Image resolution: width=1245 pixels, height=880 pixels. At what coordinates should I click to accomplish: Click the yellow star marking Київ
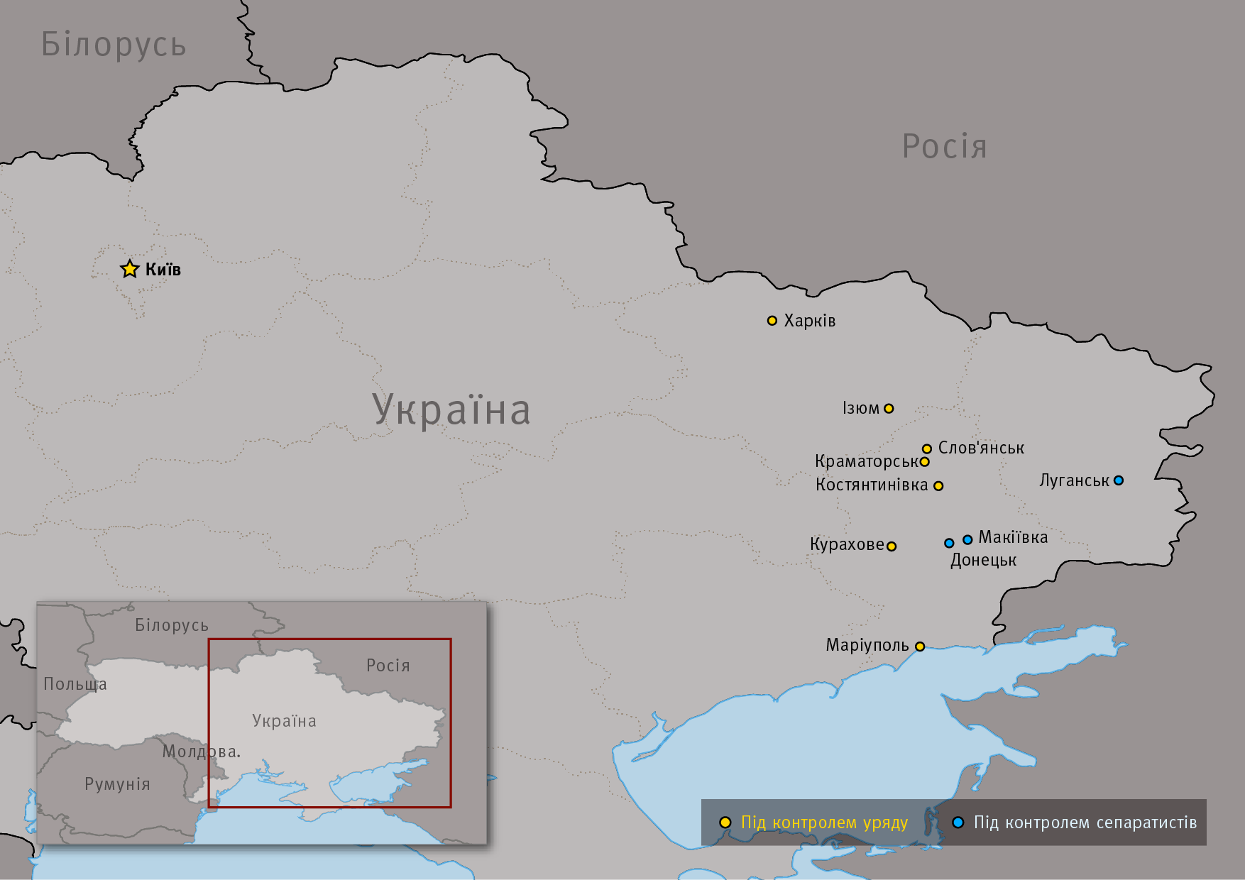(x=129, y=269)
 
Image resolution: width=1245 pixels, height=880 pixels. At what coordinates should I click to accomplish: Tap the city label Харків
(x=809, y=321)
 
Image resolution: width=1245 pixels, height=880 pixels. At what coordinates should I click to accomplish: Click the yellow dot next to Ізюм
(x=889, y=409)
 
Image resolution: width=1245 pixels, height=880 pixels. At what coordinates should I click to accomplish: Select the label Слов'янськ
(x=981, y=448)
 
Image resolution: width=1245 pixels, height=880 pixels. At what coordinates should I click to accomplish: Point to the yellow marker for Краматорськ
(x=925, y=462)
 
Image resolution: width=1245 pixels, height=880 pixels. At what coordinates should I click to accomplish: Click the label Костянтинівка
(x=872, y=485)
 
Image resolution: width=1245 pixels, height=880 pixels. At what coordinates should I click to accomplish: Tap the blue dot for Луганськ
(x=1119, y=480)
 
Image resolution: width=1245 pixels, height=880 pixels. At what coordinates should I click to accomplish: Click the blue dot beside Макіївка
(x=967, y=540)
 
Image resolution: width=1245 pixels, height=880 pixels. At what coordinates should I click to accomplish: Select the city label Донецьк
(x=983, y=560)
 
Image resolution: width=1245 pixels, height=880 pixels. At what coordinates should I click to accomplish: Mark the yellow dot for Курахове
(x=892, y=546)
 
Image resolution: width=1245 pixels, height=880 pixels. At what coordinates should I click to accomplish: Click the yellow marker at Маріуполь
(x=920, y=647)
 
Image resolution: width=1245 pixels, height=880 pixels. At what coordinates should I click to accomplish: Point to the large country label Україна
(x=451, y=409)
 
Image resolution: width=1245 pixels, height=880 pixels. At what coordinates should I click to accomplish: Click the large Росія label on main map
(x=944, y=147)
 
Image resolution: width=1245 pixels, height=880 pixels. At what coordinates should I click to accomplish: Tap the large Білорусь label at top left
(x=114, y=44)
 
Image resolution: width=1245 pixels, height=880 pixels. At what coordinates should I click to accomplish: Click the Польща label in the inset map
(x=75, y=684)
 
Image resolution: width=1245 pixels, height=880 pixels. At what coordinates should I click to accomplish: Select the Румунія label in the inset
(x=117, y=784)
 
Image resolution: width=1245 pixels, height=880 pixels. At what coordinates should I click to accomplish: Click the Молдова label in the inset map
(x=201, y=752)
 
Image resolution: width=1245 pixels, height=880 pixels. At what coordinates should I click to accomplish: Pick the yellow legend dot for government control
(x=725, y=823)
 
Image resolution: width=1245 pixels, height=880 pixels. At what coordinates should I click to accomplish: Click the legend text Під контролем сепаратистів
(x=1085, y=823)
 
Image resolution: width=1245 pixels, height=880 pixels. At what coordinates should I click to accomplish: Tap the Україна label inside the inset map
(x=284, y=721)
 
